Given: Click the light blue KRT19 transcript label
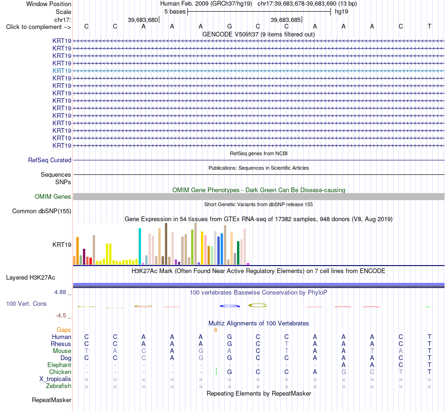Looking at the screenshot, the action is tap(61, 71).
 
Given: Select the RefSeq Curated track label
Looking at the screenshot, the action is tap(50, 160).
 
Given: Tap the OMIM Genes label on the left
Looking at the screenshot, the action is tap(53, 196).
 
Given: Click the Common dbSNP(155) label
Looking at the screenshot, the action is tap(42, 211).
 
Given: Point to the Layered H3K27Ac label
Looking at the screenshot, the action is tap(30, 278).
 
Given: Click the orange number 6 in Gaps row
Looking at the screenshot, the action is tap(215, 330).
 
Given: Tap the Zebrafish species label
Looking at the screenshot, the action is tap(59, 386).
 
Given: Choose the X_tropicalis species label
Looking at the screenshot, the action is tap(55, 379).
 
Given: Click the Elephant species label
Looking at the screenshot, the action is tap(59, 365).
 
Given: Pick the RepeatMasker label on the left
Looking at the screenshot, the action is tap(52, 400).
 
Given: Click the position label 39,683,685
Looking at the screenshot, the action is tap(286, 20).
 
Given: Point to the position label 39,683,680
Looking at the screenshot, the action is tap(143, 20).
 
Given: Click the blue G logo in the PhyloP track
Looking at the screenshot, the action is tap(230, 306).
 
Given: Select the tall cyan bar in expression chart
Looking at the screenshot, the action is tap(140, 246).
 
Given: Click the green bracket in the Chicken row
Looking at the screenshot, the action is tap(216, 371).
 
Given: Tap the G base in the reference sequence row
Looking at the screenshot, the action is tap(230, 26).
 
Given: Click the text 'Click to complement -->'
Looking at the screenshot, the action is tap(38, 27).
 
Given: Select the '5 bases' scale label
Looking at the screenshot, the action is tap(175, 12).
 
